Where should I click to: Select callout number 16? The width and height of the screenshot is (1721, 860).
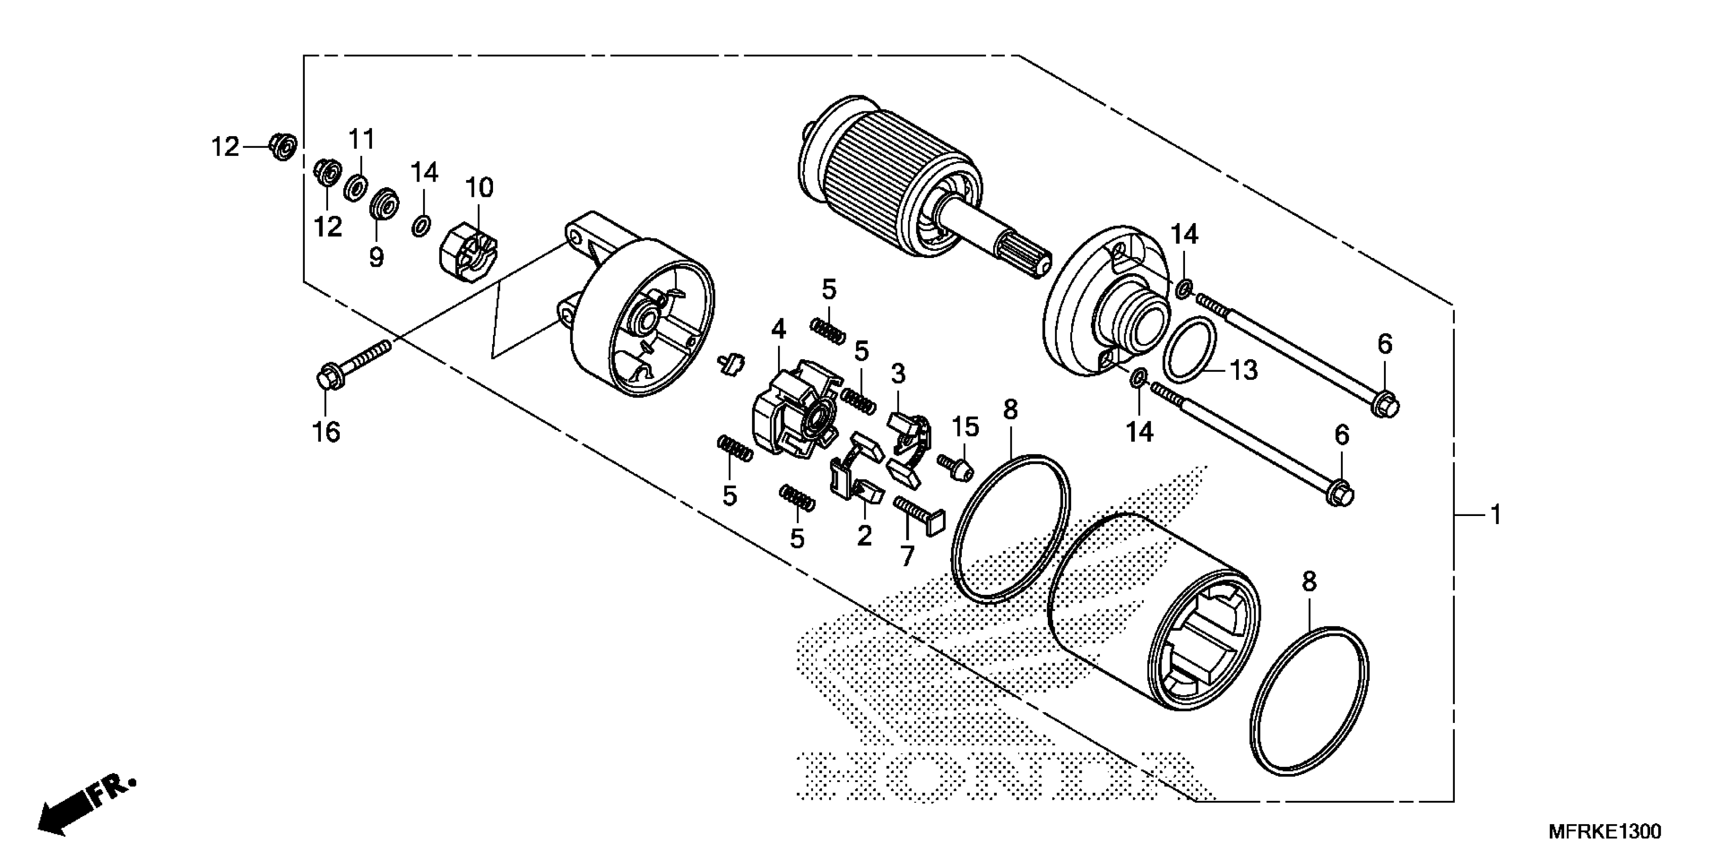(326, 432)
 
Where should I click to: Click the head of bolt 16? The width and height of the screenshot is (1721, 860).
(327, 375)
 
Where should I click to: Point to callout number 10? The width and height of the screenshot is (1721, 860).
(479, 188)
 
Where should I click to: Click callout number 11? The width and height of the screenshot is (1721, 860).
(361, 140)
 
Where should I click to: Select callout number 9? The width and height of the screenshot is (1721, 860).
(377, 256)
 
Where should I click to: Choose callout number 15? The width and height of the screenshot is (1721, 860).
(965, 426)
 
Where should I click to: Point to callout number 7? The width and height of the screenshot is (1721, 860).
(907, 555)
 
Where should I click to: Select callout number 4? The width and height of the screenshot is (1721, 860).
(778, 329)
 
